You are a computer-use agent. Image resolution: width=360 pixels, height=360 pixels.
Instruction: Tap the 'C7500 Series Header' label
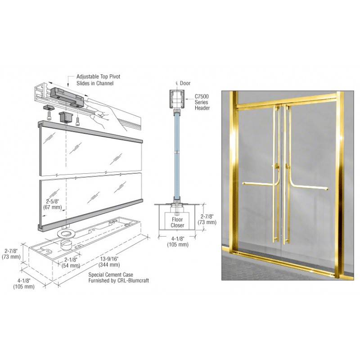tap(202, 102)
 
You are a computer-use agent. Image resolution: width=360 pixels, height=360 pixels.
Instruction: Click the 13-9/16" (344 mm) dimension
tap(109, 262)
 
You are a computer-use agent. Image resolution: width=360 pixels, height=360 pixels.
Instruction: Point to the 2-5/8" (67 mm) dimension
tap(53, 204)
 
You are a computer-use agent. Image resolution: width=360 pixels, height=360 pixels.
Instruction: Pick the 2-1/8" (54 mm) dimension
tap(71, 263)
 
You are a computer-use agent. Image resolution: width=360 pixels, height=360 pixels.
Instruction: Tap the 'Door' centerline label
tap(183, 83)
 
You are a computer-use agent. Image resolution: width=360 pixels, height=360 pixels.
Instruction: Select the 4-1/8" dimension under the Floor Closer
tap(178, 242)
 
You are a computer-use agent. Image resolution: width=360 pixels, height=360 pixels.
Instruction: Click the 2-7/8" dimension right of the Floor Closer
tap(207, 219)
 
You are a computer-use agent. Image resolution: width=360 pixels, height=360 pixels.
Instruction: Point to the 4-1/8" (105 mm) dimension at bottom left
tap(24, 283)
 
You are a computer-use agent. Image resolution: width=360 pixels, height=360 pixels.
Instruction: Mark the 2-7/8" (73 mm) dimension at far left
tap(11, 254)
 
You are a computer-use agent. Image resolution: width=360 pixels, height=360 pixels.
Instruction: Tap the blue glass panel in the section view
tap(177, 156)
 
